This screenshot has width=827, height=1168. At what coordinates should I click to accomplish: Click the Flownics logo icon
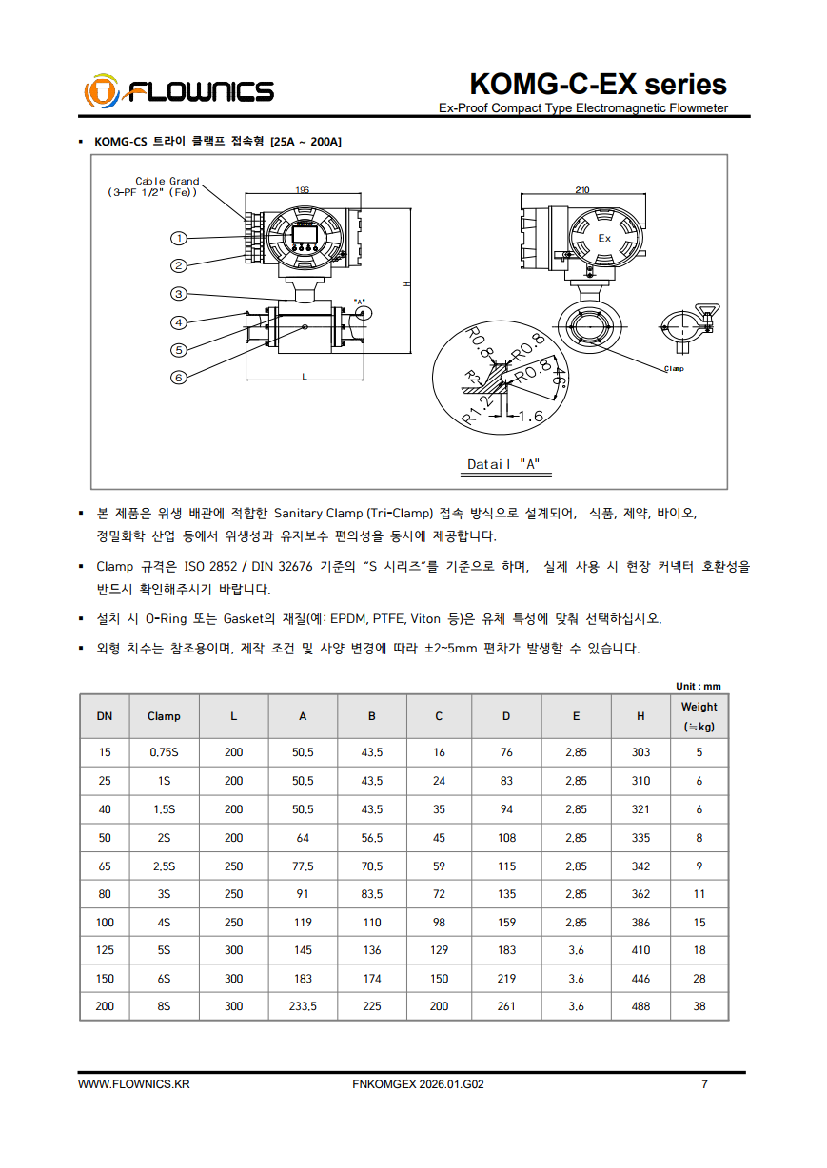(101, 92)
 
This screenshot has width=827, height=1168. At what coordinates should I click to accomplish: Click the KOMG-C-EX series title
(598, 84)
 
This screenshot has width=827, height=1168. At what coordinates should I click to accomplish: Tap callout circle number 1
(178, 238)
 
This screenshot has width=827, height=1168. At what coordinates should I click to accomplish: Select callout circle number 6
(178, 378)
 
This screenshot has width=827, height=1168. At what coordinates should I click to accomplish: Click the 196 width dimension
(302, 190)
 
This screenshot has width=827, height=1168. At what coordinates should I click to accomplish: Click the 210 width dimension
(581, 190)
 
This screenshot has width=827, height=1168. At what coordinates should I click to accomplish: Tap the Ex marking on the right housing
(604, 239)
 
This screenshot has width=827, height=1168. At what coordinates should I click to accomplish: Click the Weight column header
(699, 716)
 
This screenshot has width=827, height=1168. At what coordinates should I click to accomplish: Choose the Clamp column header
(164, 716)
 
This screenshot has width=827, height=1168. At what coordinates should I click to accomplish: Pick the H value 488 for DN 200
(641, 1006)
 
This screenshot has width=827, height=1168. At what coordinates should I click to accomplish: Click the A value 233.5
(303, 1006)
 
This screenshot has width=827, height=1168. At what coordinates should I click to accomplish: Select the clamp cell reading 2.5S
(164, 866)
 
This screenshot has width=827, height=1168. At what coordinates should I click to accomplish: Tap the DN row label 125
(105, 950)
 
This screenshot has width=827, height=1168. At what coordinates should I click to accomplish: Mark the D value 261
(506, 1006)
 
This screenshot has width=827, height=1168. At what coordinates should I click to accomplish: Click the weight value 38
(699, 1006)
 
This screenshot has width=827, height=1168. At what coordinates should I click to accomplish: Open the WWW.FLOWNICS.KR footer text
(134, 1084)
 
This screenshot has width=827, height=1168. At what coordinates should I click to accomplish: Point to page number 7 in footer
(704, 1084)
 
